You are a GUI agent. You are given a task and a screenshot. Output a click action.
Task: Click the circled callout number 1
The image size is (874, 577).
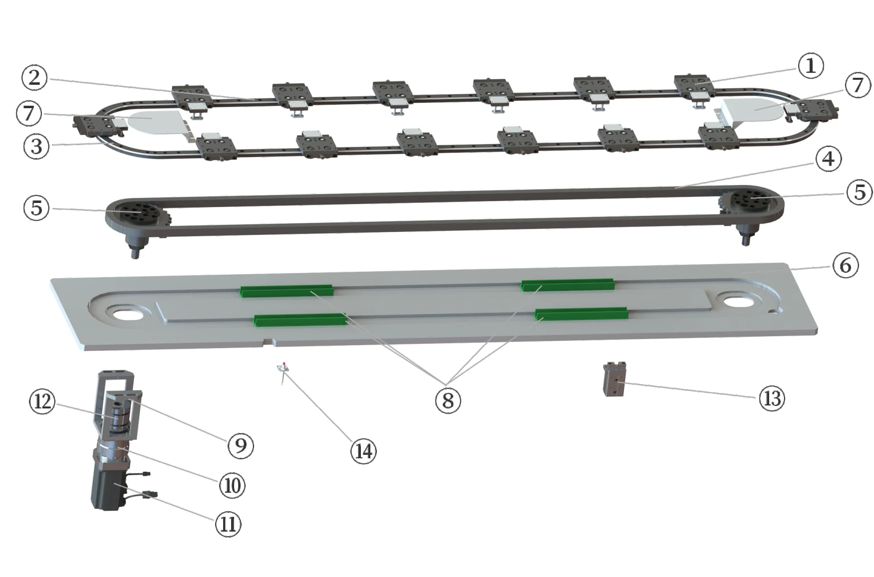[x=810, y=65]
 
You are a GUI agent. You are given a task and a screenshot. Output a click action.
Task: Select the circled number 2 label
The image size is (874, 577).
[x=34, y=77]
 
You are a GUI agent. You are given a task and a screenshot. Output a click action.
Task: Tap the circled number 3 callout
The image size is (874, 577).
[x=36, y=146]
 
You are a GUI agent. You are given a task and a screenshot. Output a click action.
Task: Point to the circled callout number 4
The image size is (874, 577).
[x=828, y=159]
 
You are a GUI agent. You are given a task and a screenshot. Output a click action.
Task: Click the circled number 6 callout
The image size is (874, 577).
[x=845, y=265]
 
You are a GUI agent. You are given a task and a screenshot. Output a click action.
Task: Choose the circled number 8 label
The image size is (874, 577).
[x=448, y=399]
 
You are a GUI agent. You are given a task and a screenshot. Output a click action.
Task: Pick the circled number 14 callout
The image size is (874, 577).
[x=363, y=451]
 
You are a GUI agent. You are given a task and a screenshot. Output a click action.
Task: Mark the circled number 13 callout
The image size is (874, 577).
[x=772, y=398]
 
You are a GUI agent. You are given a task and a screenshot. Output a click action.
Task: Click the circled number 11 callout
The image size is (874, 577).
[x=228, y=524]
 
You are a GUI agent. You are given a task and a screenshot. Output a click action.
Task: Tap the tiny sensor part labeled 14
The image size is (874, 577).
[x=284, y=369]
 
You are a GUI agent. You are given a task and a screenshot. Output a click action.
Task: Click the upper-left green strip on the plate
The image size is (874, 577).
[x=286, y=291]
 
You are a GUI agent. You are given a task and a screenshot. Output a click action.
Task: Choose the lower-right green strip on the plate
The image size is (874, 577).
[x=581, y=314]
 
